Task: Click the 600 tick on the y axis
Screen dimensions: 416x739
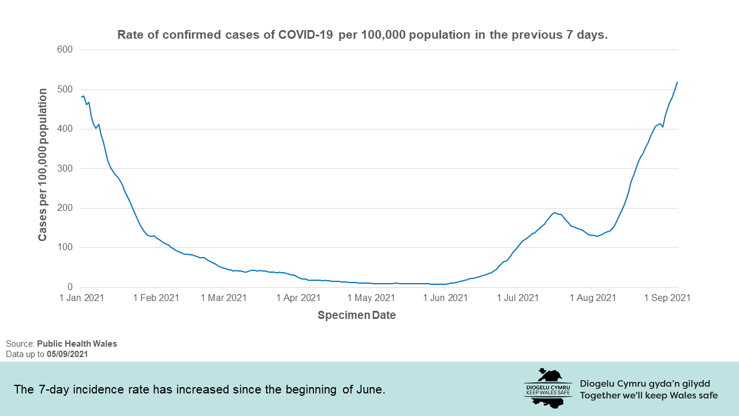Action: pyautogui.click(x=65, y=50)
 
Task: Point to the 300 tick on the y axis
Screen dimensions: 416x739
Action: pyautogui.click(x=65, y=168)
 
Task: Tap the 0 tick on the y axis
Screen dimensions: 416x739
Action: pyautogui.click(x=70, y=287)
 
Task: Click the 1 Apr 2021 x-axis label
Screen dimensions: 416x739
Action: pyautogui.click(x=298, y=298)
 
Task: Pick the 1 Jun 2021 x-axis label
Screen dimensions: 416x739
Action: pyautogui.click(x=445, y=298)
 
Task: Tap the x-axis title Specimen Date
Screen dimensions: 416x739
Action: pyautogui.click(x=356, y=315)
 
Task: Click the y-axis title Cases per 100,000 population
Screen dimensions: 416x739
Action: pyautogui.click(x=43, y=165)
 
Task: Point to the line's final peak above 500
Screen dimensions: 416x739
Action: pyautogui.click(x=677, y=82)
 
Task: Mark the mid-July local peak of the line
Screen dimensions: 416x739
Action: pyautogui.click(x=555, y=213)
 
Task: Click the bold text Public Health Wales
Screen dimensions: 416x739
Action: pyautogui.click(x=77, y=344)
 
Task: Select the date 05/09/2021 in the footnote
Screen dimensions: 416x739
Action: pyautogui.click(x=68, y=354)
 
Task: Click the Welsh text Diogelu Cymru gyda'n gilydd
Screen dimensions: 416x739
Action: pyautogui.click(x=645, y=384)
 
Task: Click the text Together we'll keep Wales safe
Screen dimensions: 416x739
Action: pyautogui.click(x=648, y=396)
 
